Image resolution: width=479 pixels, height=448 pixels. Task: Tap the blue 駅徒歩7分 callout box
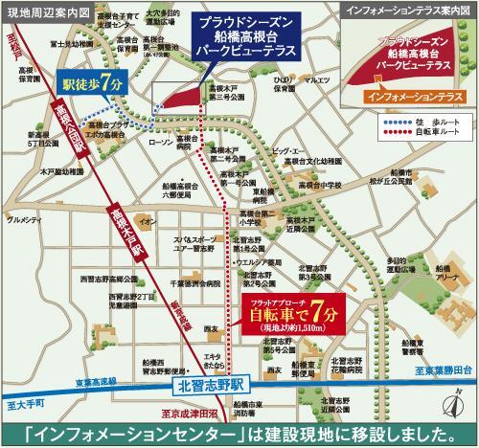coord(93,83)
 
